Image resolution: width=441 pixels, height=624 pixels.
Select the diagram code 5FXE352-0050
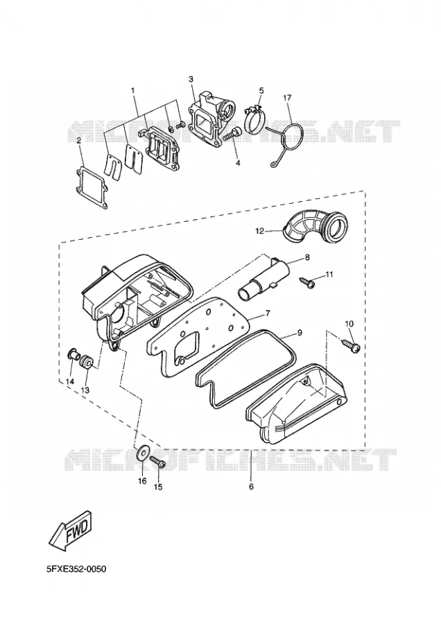76,569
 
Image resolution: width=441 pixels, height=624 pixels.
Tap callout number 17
287,98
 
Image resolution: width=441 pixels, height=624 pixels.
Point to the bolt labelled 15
158,462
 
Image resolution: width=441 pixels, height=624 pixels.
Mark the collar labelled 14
72,354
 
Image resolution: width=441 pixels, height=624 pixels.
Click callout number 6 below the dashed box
251,486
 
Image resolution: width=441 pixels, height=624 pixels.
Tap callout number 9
300,332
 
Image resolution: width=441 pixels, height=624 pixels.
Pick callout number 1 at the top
133,90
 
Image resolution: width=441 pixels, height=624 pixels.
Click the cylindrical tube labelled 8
263,281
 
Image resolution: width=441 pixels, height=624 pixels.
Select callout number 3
191,80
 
